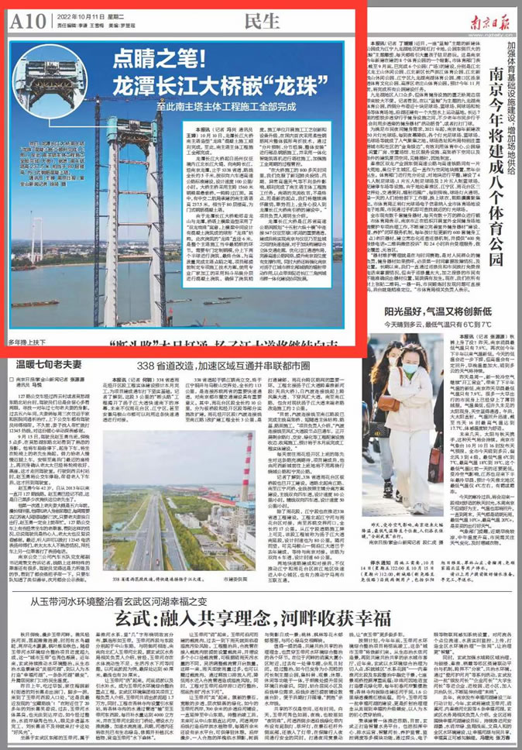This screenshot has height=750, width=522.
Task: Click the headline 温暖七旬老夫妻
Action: tap(44, 361)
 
